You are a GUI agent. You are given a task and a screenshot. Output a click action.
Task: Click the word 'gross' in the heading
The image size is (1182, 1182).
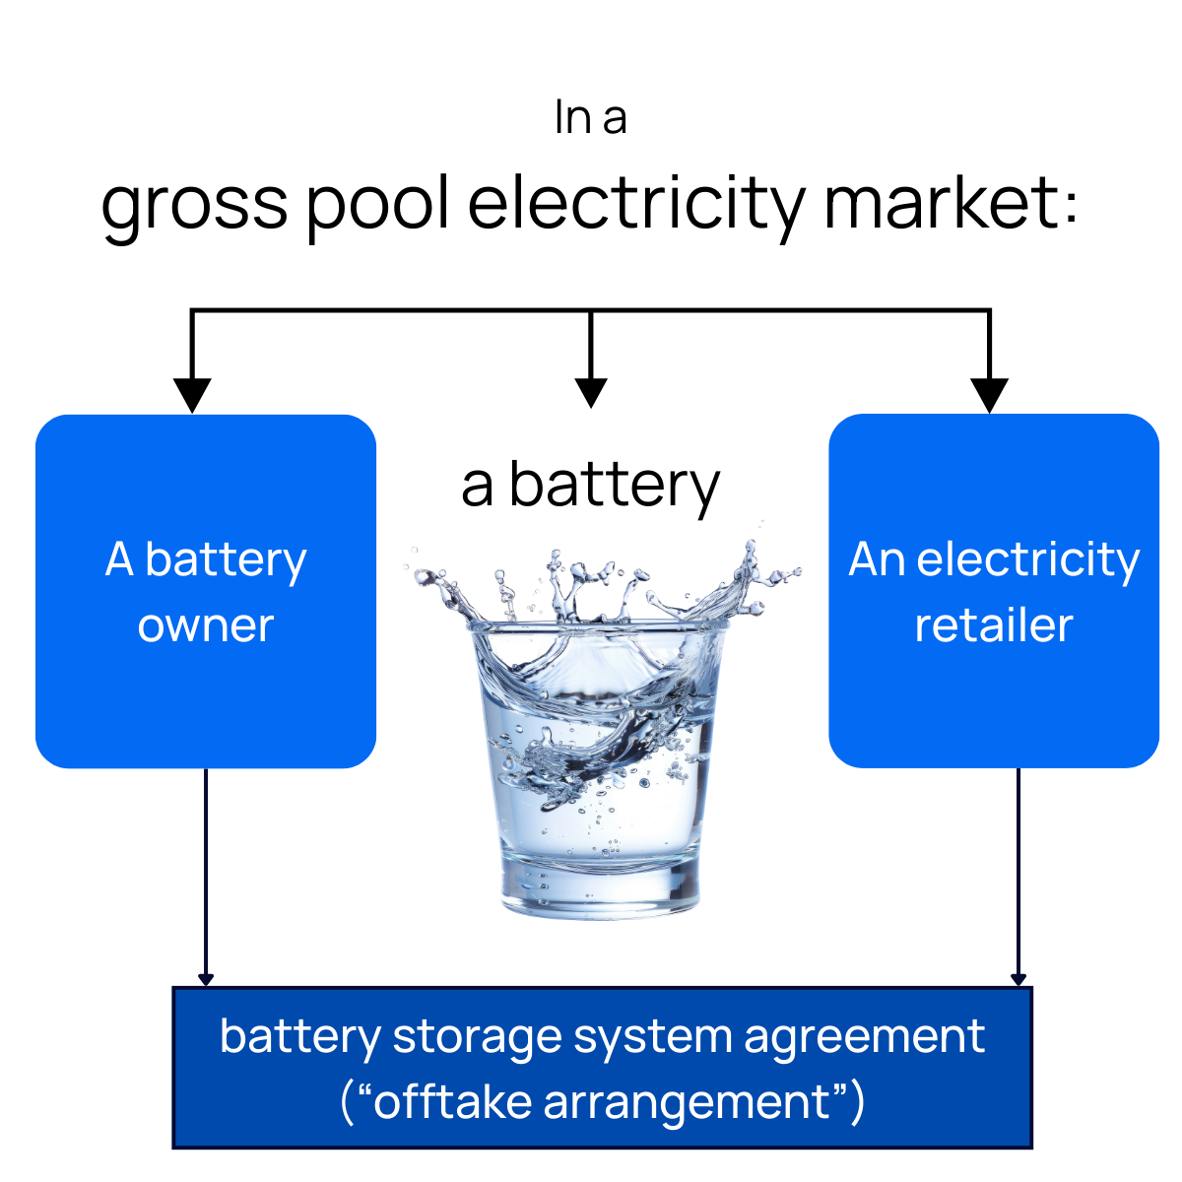point(194,205)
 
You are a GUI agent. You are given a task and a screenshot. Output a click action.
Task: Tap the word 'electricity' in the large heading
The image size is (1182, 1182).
point(636,203)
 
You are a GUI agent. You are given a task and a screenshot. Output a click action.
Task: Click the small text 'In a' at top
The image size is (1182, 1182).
point(590,118)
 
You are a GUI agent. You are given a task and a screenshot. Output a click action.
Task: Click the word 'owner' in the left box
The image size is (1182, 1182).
point(206,625)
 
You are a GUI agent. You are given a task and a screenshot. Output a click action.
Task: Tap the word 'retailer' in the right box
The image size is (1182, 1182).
point(993,625)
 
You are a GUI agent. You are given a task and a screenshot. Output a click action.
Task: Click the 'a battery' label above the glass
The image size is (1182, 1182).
point(590,486)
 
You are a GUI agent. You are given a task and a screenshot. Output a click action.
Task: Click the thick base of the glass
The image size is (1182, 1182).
point(601,886)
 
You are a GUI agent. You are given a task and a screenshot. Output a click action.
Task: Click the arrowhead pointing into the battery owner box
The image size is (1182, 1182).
point(192,395)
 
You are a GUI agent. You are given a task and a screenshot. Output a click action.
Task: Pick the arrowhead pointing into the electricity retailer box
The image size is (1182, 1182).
point(989,395)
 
